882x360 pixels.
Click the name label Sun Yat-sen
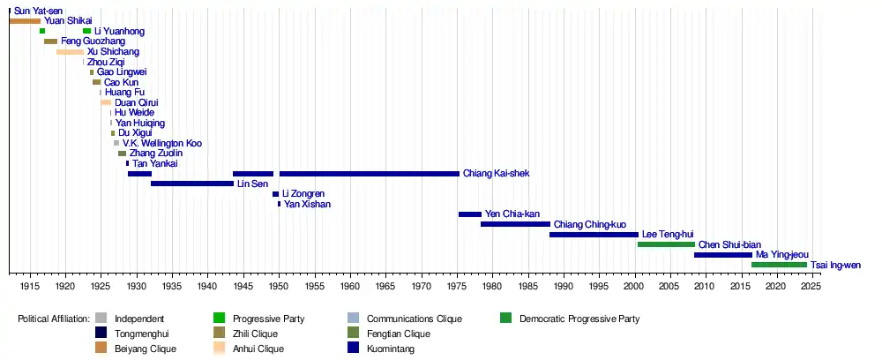(38, 11)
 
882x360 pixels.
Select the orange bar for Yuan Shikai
(25, 20)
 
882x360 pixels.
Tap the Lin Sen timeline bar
(191, 184)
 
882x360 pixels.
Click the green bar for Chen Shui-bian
(666, 244)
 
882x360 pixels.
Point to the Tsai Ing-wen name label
(835, 265)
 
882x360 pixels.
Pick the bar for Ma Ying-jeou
(723, 255)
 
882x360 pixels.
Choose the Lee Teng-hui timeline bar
(594, 235)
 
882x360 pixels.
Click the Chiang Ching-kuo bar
(515, 224)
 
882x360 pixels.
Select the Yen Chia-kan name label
(512, 214)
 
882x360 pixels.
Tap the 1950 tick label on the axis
(278, 286)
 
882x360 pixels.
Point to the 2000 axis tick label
(633, 286)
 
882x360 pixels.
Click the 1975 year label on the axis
(456, 286)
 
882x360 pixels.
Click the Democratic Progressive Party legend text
(579, 319)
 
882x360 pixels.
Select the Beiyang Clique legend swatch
(101, 349)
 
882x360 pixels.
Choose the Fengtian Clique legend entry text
(398, 334)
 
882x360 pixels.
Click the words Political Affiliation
(54, 319)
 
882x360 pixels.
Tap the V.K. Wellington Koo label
(162, 143)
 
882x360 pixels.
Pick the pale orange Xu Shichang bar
(70, 52)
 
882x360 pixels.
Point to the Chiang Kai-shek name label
(496, 174)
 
